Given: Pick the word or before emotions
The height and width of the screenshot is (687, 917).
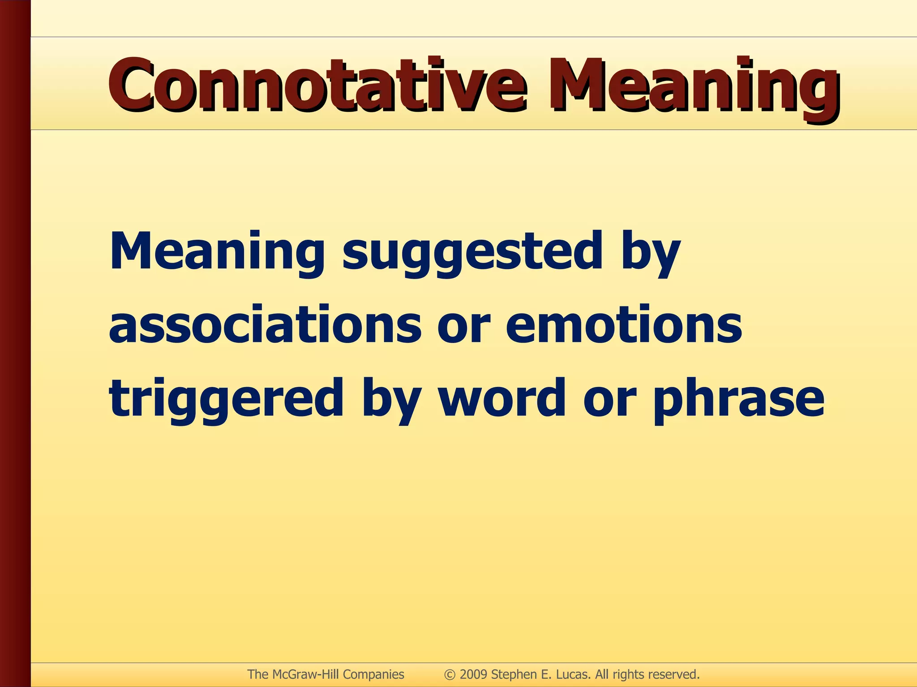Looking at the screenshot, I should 464,326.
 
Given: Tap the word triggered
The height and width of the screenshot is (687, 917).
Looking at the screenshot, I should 226,398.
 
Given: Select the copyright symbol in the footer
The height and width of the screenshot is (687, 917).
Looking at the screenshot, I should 450,674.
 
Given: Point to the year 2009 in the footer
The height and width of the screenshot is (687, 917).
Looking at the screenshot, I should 474,674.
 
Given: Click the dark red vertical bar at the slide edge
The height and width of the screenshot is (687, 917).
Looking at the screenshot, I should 15,343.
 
